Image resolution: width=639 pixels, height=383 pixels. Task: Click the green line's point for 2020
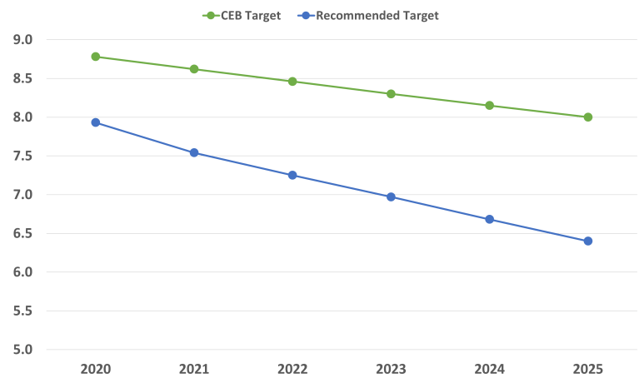[96, 57]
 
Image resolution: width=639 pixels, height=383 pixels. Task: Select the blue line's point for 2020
[96, 122]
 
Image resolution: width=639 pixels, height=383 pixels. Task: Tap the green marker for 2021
[194, 69]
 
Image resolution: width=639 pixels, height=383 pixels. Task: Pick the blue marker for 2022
[292, 175]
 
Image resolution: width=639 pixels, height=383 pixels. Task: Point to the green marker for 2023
[391, 93]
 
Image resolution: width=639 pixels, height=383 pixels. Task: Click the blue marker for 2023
[391, 196]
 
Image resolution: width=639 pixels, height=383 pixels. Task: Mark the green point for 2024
[490, 105]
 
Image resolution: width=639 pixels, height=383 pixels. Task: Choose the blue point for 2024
[490, 219]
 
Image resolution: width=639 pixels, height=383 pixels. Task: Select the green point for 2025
[588, 117]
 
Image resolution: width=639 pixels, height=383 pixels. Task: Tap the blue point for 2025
[588, 241]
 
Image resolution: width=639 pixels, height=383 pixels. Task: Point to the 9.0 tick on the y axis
[23, 39]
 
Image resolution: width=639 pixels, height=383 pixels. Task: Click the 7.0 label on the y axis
[23, 194]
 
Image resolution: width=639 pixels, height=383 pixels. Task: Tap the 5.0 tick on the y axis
[23, 349]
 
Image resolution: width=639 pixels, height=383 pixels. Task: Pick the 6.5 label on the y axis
[23, 233]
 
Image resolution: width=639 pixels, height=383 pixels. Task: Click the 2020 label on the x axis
[96, 366]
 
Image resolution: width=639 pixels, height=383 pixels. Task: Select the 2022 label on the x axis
[292, 366]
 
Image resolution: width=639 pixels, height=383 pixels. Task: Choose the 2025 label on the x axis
[588, 366]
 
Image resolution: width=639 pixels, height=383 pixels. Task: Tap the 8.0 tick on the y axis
[23, 117]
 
